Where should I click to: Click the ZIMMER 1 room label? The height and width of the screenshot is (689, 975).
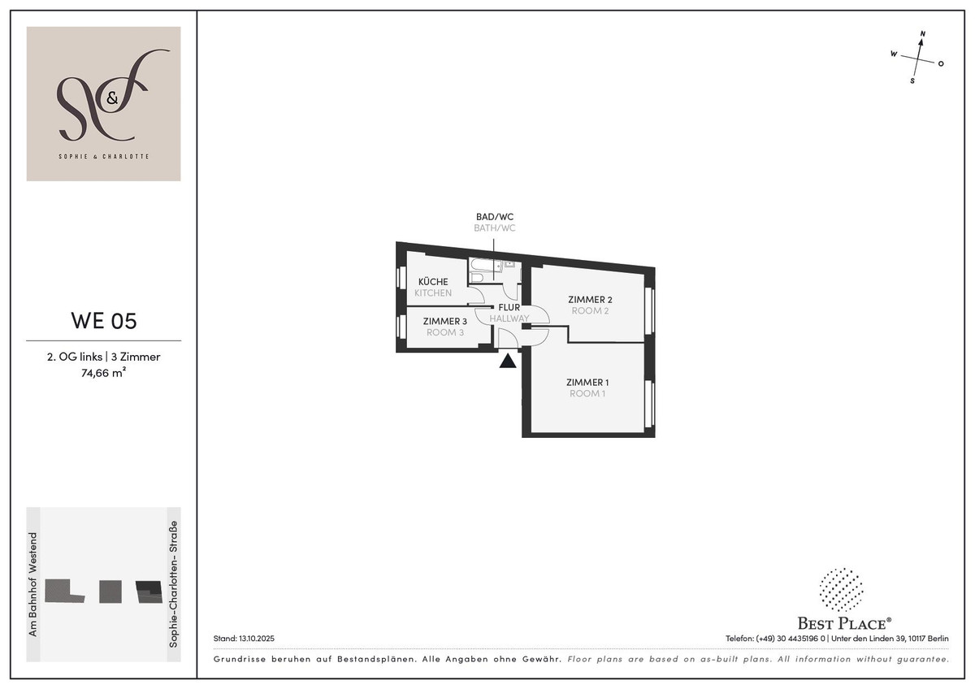pos(587,382)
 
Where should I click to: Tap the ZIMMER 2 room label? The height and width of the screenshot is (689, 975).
pos(590,300)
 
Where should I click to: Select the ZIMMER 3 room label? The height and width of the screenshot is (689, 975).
pos(445,321)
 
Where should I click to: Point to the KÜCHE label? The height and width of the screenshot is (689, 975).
pos(432,282)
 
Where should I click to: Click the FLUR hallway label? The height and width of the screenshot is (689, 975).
pos(509,307)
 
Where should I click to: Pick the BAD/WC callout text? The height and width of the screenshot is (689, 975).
pos(495,217)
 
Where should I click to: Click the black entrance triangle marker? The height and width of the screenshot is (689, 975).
pos(508,362)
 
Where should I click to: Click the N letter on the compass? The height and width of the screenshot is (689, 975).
pos(922,34)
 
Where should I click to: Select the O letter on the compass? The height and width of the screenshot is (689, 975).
pos(941,64)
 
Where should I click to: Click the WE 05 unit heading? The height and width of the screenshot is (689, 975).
pos(104,321)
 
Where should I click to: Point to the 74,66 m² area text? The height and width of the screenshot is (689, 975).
pos(103,373)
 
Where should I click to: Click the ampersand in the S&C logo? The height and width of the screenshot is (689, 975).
pos(112,99)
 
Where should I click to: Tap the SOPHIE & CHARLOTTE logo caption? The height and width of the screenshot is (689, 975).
pos(104,156)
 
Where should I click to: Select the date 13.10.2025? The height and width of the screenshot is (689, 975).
pos(257,639)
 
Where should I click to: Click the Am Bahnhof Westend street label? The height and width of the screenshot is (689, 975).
pos(33,584)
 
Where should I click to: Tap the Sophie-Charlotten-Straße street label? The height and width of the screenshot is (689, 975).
pos(173,584)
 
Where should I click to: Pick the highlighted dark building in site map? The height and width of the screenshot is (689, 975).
pos(149,592)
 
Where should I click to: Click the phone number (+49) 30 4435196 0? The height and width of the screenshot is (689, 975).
pos(790,639)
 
